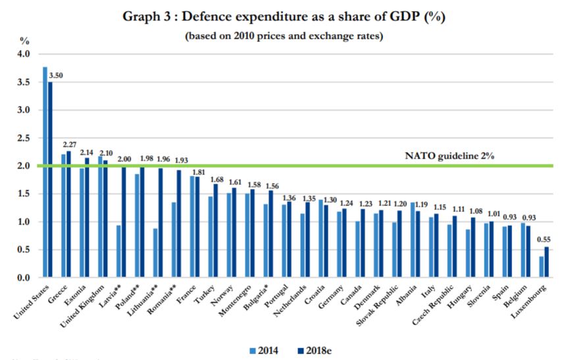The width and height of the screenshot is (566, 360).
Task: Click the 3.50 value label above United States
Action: (56, 76)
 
